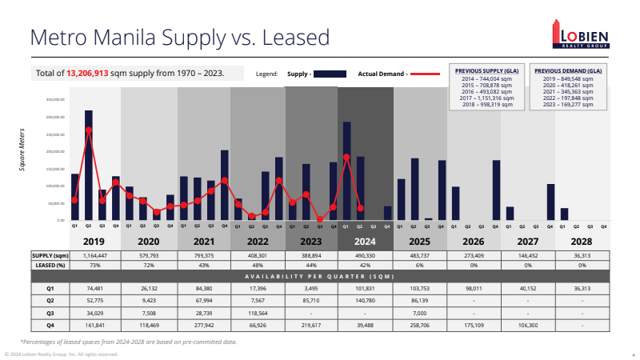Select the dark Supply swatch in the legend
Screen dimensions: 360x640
pos(330,74)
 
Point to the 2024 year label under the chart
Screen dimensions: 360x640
pos(364,241)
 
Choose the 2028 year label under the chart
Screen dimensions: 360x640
pos(582,241)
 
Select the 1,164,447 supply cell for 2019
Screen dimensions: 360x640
pos(94,255)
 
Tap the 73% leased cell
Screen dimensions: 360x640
pos(94,264)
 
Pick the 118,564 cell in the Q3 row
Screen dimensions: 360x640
pos(257,314)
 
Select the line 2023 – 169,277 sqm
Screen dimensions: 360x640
pos(568,104)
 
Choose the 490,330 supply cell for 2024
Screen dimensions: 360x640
pos(365,255)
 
